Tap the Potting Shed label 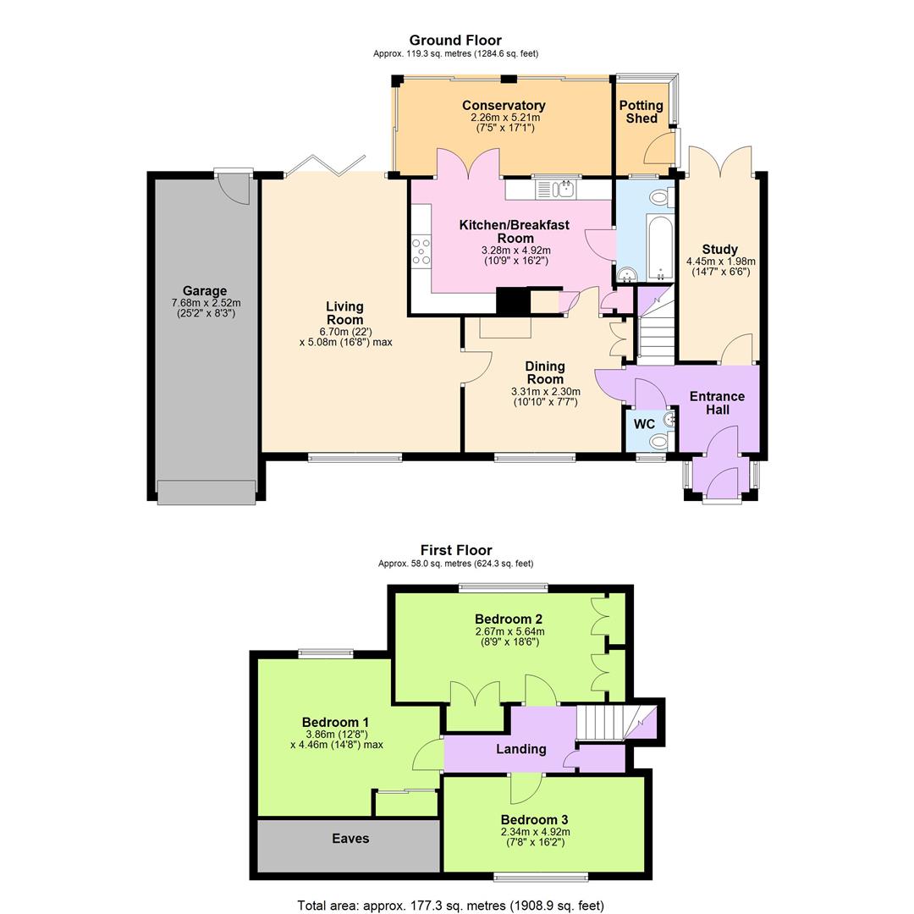641,112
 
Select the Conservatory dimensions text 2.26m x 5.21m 504,118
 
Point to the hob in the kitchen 421,252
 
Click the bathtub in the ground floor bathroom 660,247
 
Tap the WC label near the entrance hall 644,424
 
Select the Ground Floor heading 455,40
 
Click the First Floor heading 455,550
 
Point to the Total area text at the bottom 450,906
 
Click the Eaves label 350,839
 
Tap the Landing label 520,749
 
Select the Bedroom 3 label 534,819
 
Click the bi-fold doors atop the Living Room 325,166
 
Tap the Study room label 719,250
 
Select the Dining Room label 544,372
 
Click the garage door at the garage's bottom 206,493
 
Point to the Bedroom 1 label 335,722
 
